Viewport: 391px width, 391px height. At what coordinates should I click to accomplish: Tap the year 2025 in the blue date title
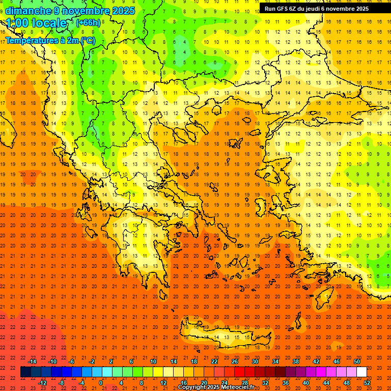(x=123, y=11)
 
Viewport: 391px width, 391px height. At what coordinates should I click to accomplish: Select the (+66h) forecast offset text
(x=88, y=23)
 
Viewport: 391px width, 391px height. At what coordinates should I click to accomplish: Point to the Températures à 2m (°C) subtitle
(x=50, y=40)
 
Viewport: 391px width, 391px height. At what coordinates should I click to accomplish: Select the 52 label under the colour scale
(x=367, y=382)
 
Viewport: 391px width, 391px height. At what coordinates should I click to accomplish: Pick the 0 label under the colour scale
(x=101, y=382)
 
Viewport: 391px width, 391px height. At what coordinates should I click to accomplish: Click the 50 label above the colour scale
(x=357, y=361)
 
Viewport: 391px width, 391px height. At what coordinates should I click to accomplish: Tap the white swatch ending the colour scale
(x=361, y=372)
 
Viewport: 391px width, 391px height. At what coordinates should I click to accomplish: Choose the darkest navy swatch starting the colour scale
(x=25, y=372)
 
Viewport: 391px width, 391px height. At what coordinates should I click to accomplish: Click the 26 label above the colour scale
(x=235, y=361)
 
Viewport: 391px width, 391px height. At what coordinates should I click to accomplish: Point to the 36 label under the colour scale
(x=286, y=382)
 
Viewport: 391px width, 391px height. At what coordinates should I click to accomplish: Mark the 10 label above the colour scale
(x=153, y=361)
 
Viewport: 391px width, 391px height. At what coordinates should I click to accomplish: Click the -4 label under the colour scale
(x=81, y=382)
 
